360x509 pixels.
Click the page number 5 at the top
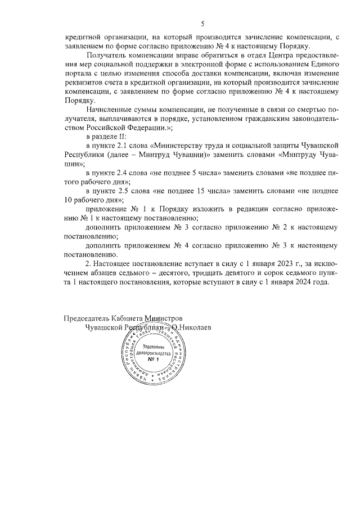click(202, 22)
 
